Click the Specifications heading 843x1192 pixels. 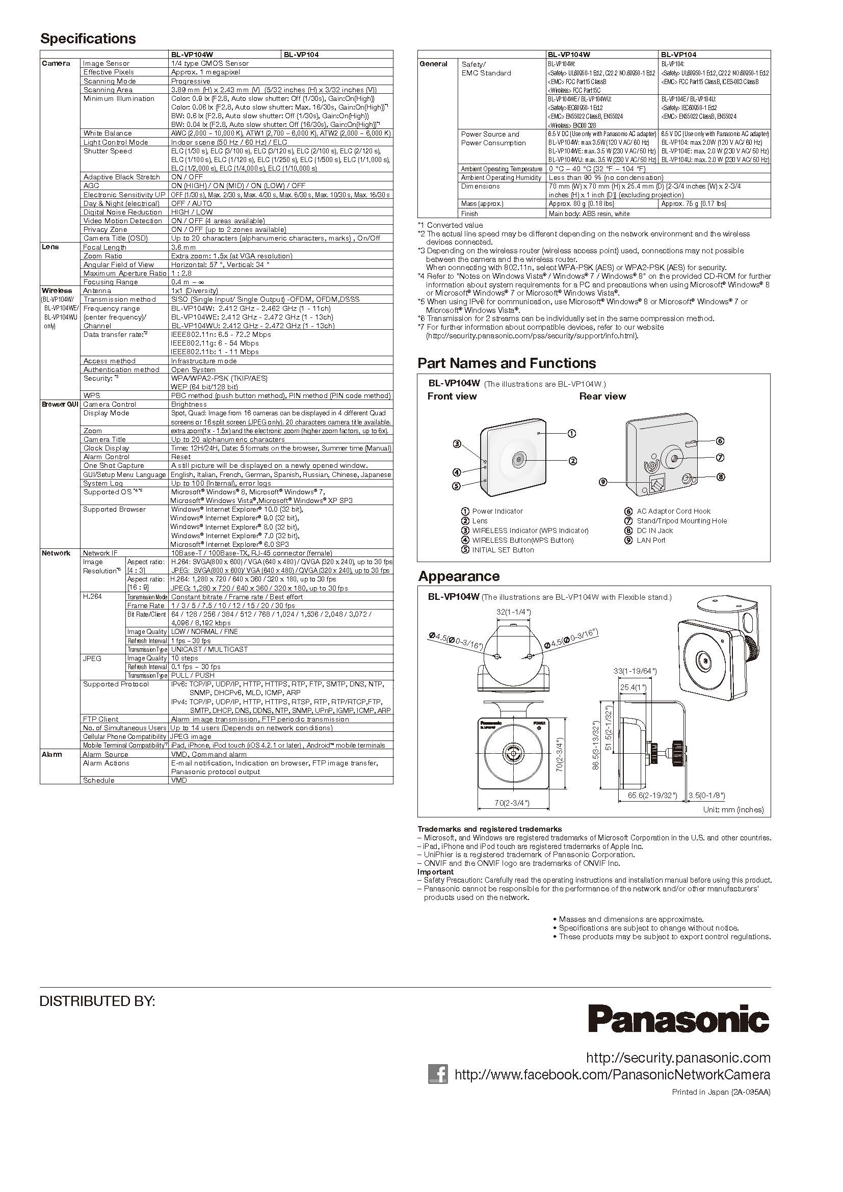coord(88,39)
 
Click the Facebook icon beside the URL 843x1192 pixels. coord(438,1074)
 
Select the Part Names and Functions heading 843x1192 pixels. coord(507,363)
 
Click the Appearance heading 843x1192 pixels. coord(459,576)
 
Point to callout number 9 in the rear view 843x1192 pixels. coord(602,482)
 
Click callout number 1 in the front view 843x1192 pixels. coord(571,433)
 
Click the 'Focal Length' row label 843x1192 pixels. coord(104,247)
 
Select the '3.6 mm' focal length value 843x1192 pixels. coord(183,247)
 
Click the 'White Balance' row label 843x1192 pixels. coord(108,134)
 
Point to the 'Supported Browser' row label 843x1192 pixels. coord(114,509)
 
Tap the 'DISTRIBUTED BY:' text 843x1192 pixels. coord(97,1001)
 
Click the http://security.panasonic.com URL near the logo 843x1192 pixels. coord(678,1057)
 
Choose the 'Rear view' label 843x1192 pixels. coord(602,396)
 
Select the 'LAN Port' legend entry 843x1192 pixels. coord(651,540)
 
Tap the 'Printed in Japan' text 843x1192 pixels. coord(721,1092)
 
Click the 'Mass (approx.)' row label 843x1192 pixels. coord(482,204)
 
